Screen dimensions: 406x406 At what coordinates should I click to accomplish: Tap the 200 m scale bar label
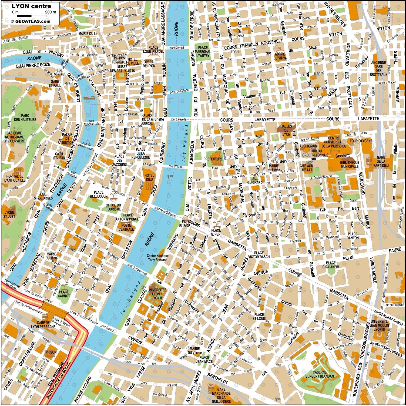(x=51, y=12)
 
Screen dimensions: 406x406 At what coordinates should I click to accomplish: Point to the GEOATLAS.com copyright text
(x=31, y=21)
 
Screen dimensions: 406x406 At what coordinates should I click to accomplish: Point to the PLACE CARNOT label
(x=64, y=294)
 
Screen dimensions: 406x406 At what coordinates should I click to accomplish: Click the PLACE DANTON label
(x=353, y=236)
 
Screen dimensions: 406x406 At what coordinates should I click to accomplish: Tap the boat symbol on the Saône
(x=88, y=98)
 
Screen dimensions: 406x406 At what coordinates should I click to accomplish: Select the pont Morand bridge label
(x=177, y=48)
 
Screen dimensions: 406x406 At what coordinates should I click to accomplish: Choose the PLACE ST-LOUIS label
(x=259, y=316)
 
